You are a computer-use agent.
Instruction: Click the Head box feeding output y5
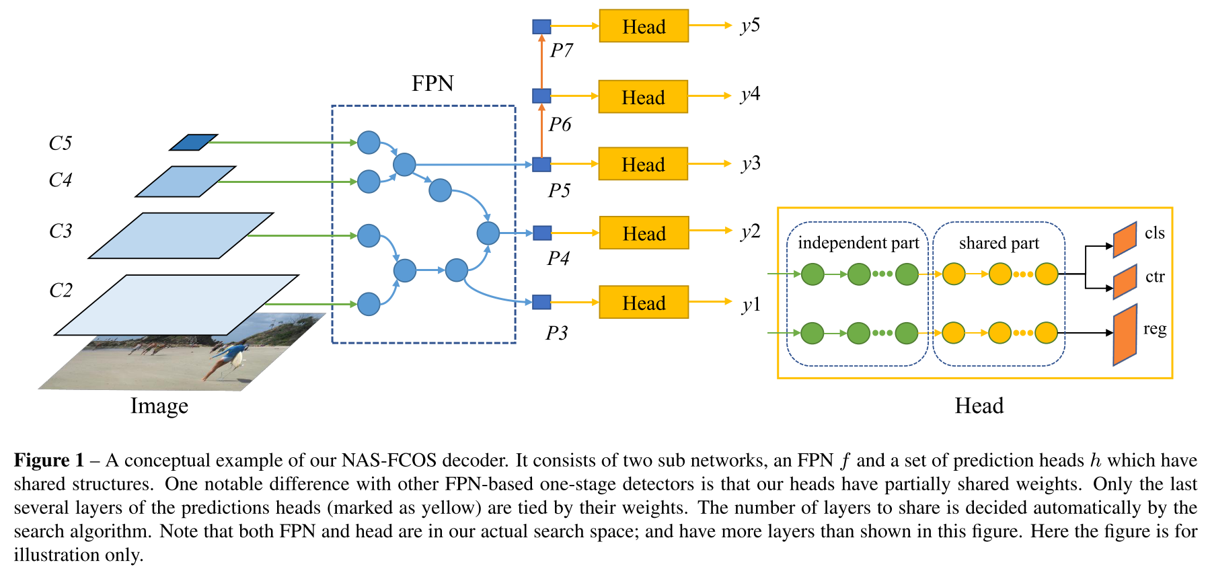(x=644, y=26)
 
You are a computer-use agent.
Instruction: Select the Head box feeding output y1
(x=644, y=303)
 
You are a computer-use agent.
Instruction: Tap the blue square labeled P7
(x=541, y=27)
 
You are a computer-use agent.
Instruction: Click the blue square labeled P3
(x=541, y=302)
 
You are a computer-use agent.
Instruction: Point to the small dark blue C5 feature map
(x=194, y=143)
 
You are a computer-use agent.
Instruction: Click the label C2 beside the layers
(x=61, y=291)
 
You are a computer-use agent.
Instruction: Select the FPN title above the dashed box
(x=432, y=83)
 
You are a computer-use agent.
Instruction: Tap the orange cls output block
(x=1125, y=239)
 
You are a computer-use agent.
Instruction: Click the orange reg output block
(x=1125, y=334)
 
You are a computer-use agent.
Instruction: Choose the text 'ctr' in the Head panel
(x=1155, y=276)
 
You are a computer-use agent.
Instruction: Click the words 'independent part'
(x=858, y=243)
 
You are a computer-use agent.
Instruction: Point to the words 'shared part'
(x=999, y=243)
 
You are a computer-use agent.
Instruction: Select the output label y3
(x=750, y=163)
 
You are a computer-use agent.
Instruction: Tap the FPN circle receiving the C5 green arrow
(x=369, y=143)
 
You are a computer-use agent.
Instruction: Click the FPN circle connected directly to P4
(x=488, y=233)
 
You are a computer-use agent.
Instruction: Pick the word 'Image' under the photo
(x=159, y=406)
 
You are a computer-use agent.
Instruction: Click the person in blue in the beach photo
(x=229, y=356)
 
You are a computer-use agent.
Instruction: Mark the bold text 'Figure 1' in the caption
(x=49, y=461)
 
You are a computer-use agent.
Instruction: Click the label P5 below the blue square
(x=559, y=191)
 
